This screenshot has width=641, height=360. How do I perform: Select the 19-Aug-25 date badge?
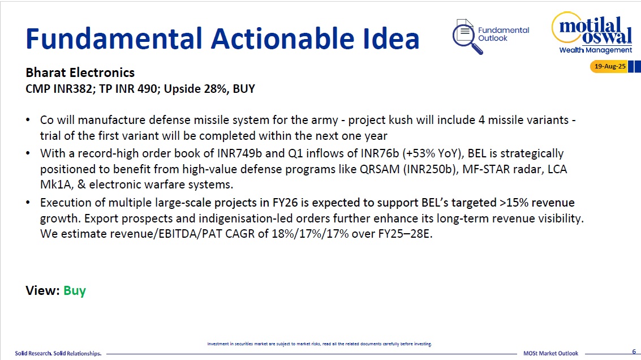(609, 66)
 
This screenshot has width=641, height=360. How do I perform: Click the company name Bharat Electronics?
(80, 72)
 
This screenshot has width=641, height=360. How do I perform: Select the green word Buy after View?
(75, 290)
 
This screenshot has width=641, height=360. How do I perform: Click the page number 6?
(634, 352)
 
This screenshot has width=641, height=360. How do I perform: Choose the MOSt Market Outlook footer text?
(550, 353)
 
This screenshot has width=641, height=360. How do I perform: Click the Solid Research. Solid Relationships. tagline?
(58, 353)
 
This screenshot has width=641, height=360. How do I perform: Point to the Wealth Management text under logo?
(595, 50)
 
